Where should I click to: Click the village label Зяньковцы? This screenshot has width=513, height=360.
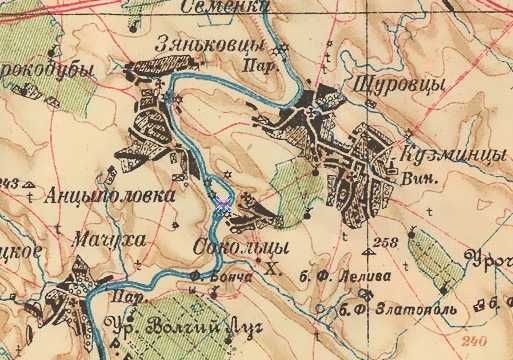coord(211,46)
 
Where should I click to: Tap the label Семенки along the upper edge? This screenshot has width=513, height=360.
coord(226,7)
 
